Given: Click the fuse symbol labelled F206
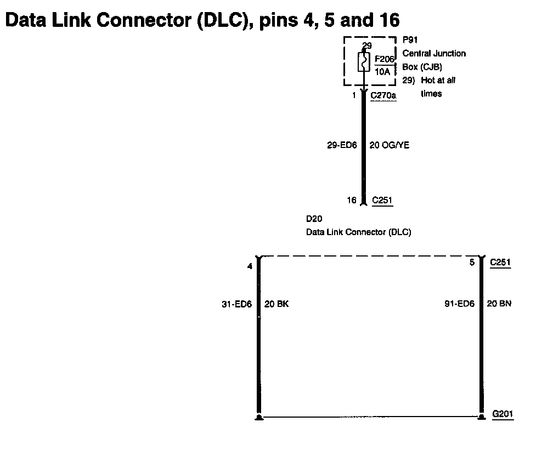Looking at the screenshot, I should pos(364,62).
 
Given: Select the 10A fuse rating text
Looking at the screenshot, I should pos(382,71).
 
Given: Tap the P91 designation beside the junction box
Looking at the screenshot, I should pos(409,39).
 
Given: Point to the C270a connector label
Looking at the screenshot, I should pos(383,95).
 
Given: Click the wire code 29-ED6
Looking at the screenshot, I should pos(342,145).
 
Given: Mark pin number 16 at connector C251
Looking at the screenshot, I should pos(352,200).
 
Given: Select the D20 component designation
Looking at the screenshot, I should pos(314,219).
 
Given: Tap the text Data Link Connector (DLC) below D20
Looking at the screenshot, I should pos(358,232).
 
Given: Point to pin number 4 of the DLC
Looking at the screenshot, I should pos(250,267).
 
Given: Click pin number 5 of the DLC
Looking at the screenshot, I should pos(471,263).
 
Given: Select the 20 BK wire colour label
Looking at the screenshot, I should pos(276,304).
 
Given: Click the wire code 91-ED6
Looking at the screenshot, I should pos(459,304).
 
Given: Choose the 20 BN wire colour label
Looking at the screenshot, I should pos(499,304).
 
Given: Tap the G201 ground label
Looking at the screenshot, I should pos(503,414).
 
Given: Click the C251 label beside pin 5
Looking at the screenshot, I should pos(500,263).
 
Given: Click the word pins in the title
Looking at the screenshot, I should pos(279,21).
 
